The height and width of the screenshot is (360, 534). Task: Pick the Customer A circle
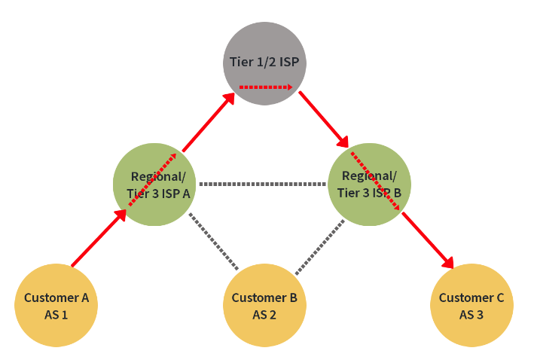tap(56, 305)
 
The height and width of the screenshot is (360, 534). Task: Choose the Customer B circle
tap(264, 305)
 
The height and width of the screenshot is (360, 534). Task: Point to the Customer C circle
tap(471, 305)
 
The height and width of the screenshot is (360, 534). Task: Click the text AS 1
tap(56, 315)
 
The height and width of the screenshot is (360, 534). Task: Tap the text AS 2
tap(264, 315)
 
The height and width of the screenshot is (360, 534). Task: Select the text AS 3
tap(471, 315)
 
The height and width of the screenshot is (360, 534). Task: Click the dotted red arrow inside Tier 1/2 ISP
tap(265, 87)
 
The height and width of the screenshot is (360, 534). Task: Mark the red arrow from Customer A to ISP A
tap(98, 239)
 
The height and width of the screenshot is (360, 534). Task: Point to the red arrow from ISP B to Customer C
tap(428, 240)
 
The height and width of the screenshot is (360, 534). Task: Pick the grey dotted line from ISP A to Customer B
tap(214, 242)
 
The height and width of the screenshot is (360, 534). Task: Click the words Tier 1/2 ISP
tap(264, 62)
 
